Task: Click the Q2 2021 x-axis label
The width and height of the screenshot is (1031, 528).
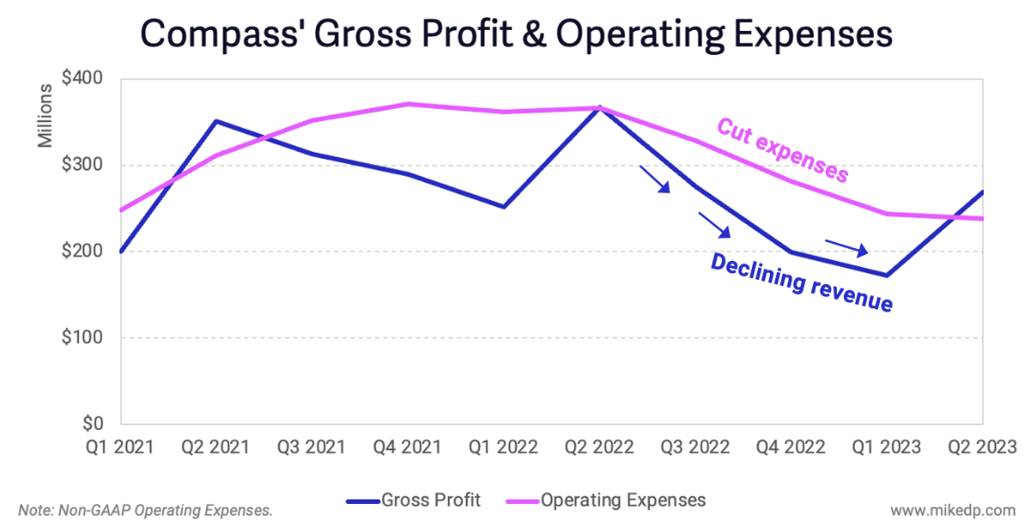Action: pyautogui.click(x=217, y=447)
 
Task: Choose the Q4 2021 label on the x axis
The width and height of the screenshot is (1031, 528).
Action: pyautogui.click(x=408, y=447)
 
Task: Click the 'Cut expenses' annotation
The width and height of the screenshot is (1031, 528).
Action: pyautogui.click(x=782, y=151)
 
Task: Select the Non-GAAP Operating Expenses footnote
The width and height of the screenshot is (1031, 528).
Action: pyautogui.click(x=146, y=510)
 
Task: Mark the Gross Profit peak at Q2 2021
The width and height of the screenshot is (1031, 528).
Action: pyautogui.click(x=217, y=121)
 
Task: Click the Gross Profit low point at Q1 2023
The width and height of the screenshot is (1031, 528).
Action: pyautogui.click(x=886, y=275)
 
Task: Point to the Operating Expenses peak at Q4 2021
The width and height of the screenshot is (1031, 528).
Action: pyautogui.click(x=408, y=104)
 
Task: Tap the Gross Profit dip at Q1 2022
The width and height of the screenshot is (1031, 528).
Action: pyautogui.click(x=504, y=207)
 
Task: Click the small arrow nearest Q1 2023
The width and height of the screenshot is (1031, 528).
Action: pyautogui.click(x=847, y=247)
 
